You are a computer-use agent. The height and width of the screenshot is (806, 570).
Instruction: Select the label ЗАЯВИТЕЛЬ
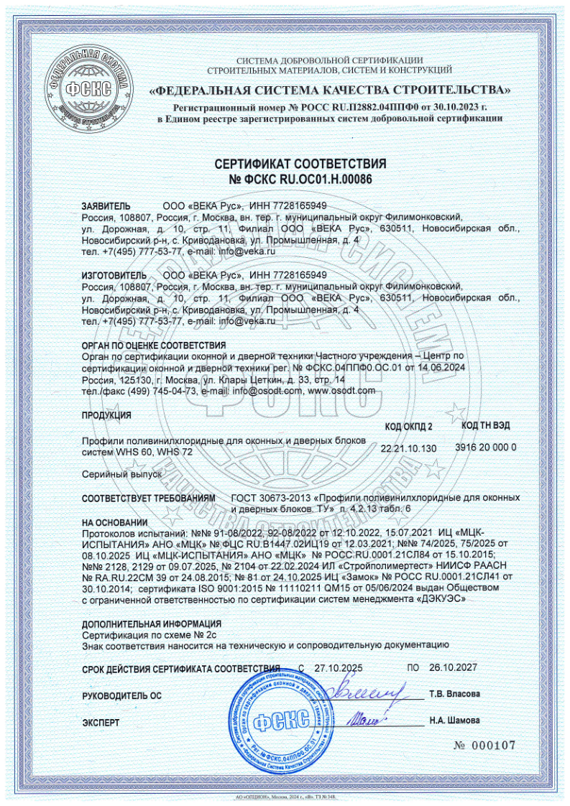click(106, 205)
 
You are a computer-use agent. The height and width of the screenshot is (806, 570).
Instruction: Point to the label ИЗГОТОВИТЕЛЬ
click(112, 274)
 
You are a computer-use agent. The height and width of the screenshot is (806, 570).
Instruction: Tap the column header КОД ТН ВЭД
click(486, 425)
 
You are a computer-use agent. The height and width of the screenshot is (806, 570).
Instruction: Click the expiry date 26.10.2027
click(453, 667)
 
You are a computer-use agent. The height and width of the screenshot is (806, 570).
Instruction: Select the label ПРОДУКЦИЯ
click(106, 415)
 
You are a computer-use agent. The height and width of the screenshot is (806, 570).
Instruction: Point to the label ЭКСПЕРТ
click(101, 721)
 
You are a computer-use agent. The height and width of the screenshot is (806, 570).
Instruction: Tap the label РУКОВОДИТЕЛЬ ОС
click(121, 695)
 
